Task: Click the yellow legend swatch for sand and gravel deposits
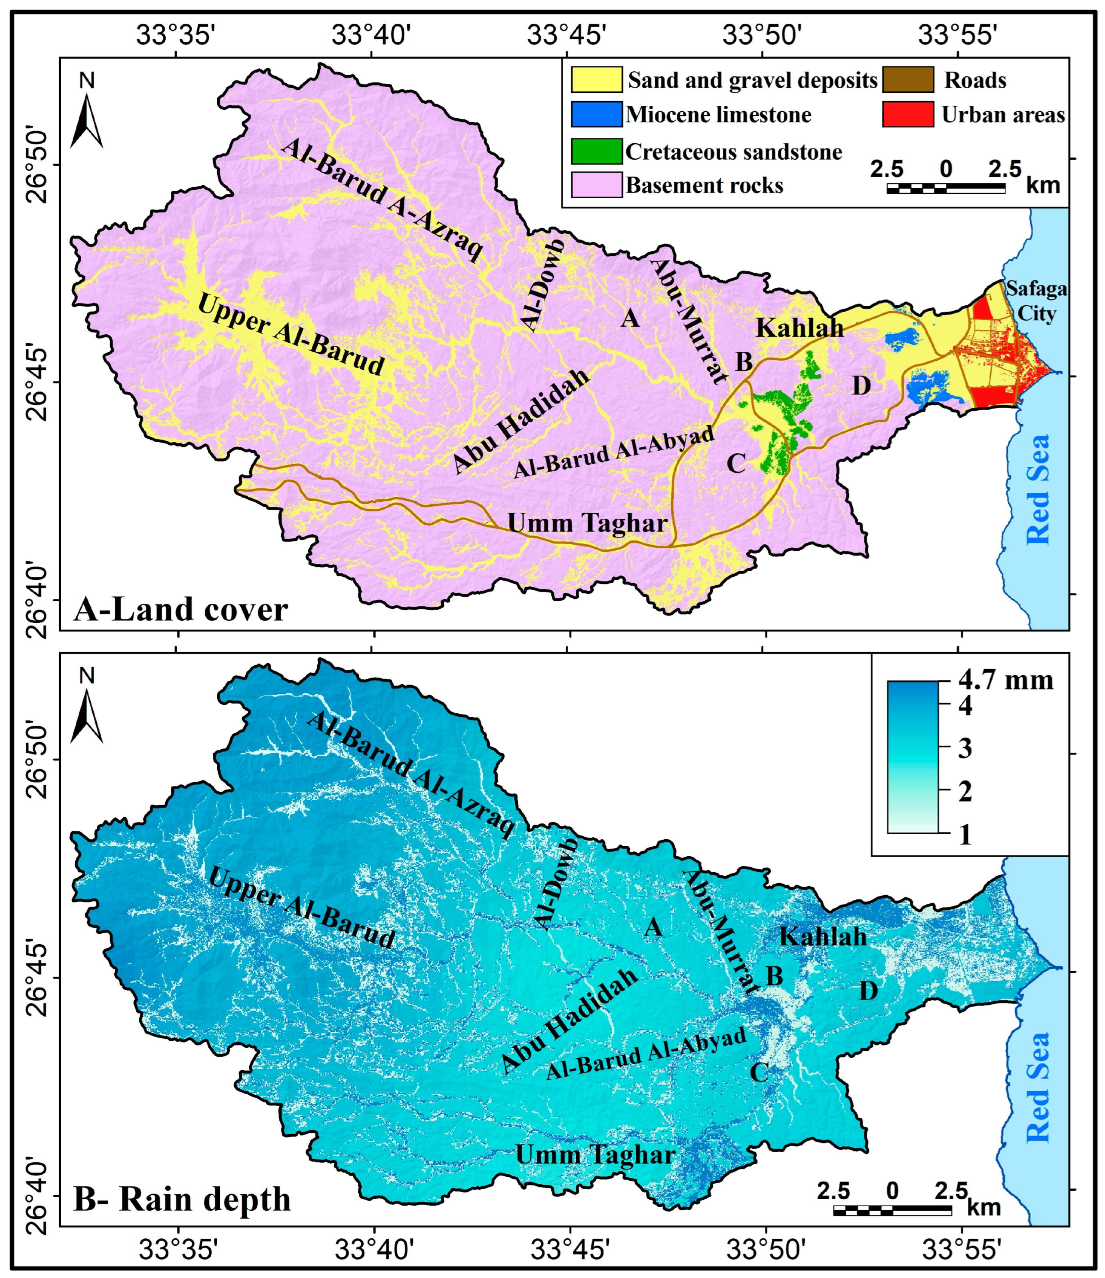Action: point(596,80)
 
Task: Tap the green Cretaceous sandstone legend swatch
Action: point(596,151)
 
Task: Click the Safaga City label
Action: point(1036,301)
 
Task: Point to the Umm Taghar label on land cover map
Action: point(587,523)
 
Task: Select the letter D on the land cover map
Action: point(861,385)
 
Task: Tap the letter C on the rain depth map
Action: point(759,1073)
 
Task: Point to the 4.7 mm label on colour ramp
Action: point(1005,681)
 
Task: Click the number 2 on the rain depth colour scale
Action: point(965,792)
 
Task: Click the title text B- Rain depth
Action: point(182,1200)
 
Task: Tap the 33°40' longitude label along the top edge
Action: point(371,34)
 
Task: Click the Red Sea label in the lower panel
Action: point(1038,1087)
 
